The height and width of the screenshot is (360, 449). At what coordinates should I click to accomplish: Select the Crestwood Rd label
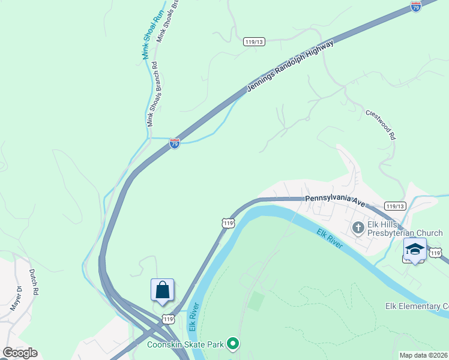tap(381, 125)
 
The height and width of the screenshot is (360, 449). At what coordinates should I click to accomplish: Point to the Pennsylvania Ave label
tap(335, 200)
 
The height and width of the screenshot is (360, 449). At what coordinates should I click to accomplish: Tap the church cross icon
tap(358, 227)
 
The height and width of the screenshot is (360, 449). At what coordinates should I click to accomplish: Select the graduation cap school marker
tap(415, 248)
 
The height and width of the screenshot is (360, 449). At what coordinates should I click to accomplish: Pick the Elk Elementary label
tap(417, 306)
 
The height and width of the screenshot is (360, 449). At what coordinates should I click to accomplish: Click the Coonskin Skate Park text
tap(185, 344)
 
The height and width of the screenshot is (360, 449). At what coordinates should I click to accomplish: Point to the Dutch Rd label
tap(34, 281)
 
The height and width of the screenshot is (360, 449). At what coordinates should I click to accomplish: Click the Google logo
tap(20, 353)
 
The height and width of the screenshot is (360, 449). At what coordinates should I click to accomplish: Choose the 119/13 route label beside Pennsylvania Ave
tap(395, 206)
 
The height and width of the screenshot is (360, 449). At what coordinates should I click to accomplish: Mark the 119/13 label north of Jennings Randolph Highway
tap(255, 41)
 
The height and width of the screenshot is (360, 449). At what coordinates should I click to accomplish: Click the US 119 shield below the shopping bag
tap(168, 319)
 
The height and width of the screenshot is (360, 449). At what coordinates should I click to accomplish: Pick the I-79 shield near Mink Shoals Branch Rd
tap(174, 144)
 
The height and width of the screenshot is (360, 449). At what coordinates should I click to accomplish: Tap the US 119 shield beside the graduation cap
tap(435, 254)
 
